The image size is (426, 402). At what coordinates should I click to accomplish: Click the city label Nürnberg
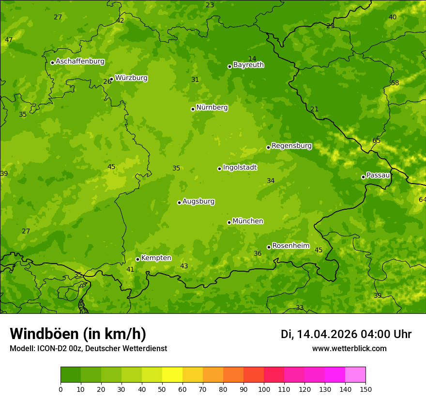pos(212,108)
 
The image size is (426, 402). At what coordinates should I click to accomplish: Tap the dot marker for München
pos(229,222)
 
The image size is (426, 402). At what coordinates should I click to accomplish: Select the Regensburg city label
pos(291,146)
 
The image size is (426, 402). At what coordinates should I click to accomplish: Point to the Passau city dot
pos(363,177)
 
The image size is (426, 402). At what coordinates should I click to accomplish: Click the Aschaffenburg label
pos(80,62)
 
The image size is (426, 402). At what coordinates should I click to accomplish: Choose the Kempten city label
pos(156,258)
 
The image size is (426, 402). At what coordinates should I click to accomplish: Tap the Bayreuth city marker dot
pos(229,66)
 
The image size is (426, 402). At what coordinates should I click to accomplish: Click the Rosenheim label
pos(290,246)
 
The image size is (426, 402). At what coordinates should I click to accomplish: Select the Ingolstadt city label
pos(240,168)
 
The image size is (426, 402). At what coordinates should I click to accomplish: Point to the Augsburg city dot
pos(179,202)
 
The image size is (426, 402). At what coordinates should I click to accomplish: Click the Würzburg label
pos(131,78)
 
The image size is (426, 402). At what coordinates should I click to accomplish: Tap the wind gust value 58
pos(395,83)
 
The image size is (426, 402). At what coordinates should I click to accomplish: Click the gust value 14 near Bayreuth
pos(252,59)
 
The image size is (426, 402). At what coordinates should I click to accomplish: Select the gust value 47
pos(9,40)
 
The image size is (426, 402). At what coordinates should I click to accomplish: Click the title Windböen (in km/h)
pos(77,334)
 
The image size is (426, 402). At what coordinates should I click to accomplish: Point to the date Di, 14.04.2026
pos(319,334)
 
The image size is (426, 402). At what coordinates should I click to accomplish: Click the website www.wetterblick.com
pos(349,348)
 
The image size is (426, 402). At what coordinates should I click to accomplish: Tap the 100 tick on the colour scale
pos(264,389)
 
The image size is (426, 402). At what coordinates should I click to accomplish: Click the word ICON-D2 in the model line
pos(51,348)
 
